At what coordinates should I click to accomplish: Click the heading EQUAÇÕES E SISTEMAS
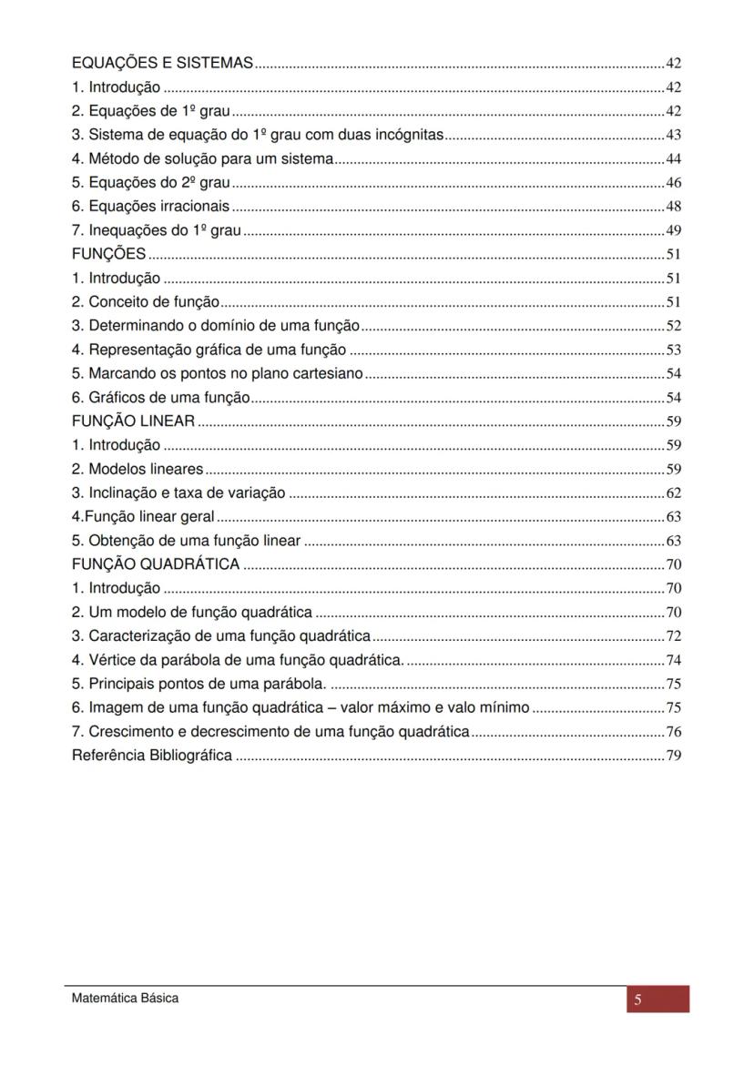[162, 64]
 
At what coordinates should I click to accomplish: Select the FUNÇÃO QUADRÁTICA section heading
[156, 563]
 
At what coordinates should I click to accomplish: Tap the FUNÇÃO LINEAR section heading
[133, 421]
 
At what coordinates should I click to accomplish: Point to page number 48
[674, 207]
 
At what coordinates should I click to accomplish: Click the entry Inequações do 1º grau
[156, 230]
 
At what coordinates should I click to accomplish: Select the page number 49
[674, 230]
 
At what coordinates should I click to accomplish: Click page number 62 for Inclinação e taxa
[674, 493]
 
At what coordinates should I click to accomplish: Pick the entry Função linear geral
[143, 517]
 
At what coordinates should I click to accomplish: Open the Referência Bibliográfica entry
[151, 755]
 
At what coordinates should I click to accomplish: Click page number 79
[674, 755]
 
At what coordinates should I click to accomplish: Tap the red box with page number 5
[657, 1000]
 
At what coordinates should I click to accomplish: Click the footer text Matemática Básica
[126, 999]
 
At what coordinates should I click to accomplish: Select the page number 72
[674, 635]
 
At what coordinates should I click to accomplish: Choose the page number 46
[674, 182]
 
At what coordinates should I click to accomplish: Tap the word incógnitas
[412, 135]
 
